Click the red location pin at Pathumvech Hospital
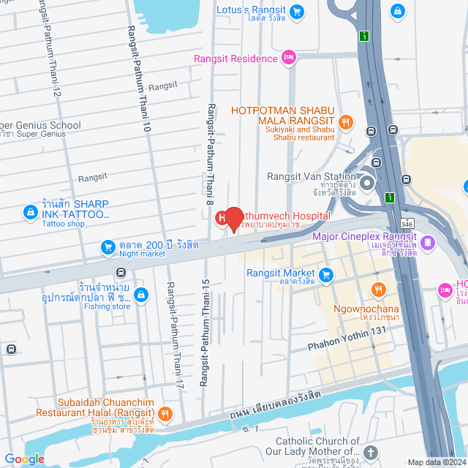tap(233, 219)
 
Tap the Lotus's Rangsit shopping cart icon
tap(296, 11)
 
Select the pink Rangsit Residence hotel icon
tap(289, 56)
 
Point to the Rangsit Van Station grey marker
tap(366, 181)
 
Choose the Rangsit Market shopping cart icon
tap(327, 276)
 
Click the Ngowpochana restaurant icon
tap(378, 290)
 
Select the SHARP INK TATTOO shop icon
tap(29, 212)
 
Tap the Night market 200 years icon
tap(107, 246)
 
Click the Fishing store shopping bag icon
tap(142, 295)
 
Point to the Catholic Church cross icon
tap(371, 453)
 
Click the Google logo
tap(25, 458)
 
